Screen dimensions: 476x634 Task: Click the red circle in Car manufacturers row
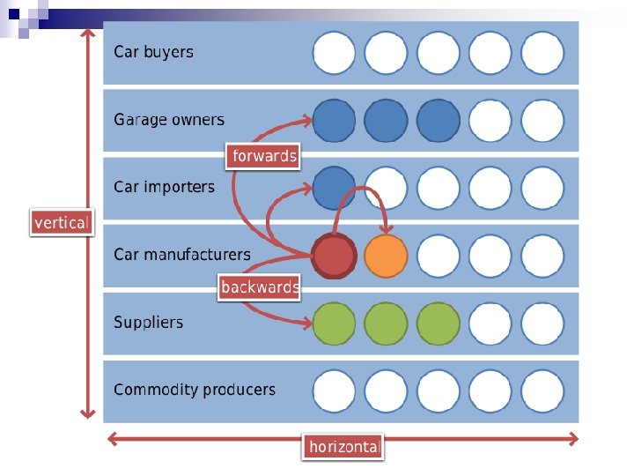coord(334,257)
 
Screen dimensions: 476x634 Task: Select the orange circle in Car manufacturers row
coord(386,257)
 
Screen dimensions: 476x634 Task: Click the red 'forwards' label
coord(263,156)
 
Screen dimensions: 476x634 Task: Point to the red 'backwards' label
coord(260,286)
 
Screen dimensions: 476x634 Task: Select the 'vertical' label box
coord(61,222)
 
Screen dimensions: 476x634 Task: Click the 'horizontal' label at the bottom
coord(343,447)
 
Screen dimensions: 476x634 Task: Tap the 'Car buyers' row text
coord(153,52)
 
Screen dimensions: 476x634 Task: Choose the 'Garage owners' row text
coord(168,120)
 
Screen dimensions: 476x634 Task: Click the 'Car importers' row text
coord(164,187)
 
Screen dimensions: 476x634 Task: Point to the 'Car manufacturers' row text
coord(181,255)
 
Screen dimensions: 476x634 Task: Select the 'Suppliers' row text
coord(148,323)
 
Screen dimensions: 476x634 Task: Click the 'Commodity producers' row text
coord(194,390)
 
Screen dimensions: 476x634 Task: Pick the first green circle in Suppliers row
coord(334,324)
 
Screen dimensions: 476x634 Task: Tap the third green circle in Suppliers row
coord(438,324)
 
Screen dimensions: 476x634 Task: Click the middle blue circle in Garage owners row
coord(386,121)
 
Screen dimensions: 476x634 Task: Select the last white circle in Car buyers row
coord(542,53)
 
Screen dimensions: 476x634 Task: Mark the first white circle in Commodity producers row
coord(334,391)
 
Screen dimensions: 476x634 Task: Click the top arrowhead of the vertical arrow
coord(86,33)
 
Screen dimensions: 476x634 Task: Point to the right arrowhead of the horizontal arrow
coord(574,438)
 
